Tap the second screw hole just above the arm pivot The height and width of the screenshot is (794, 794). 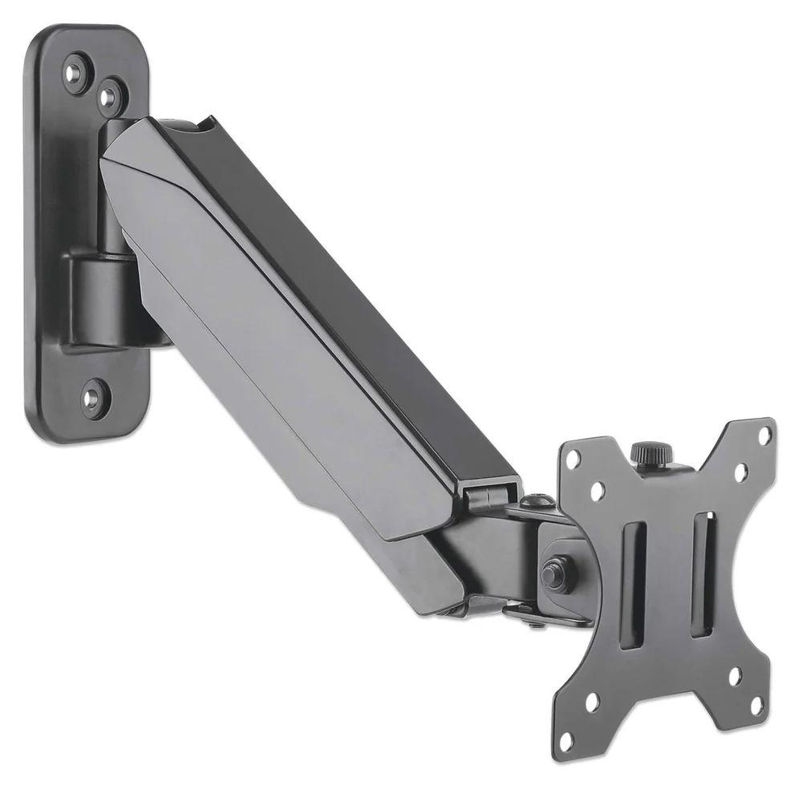point(109,95)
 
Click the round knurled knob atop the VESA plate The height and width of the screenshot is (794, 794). point(643,453)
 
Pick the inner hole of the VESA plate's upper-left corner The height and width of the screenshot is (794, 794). point(597,487)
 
